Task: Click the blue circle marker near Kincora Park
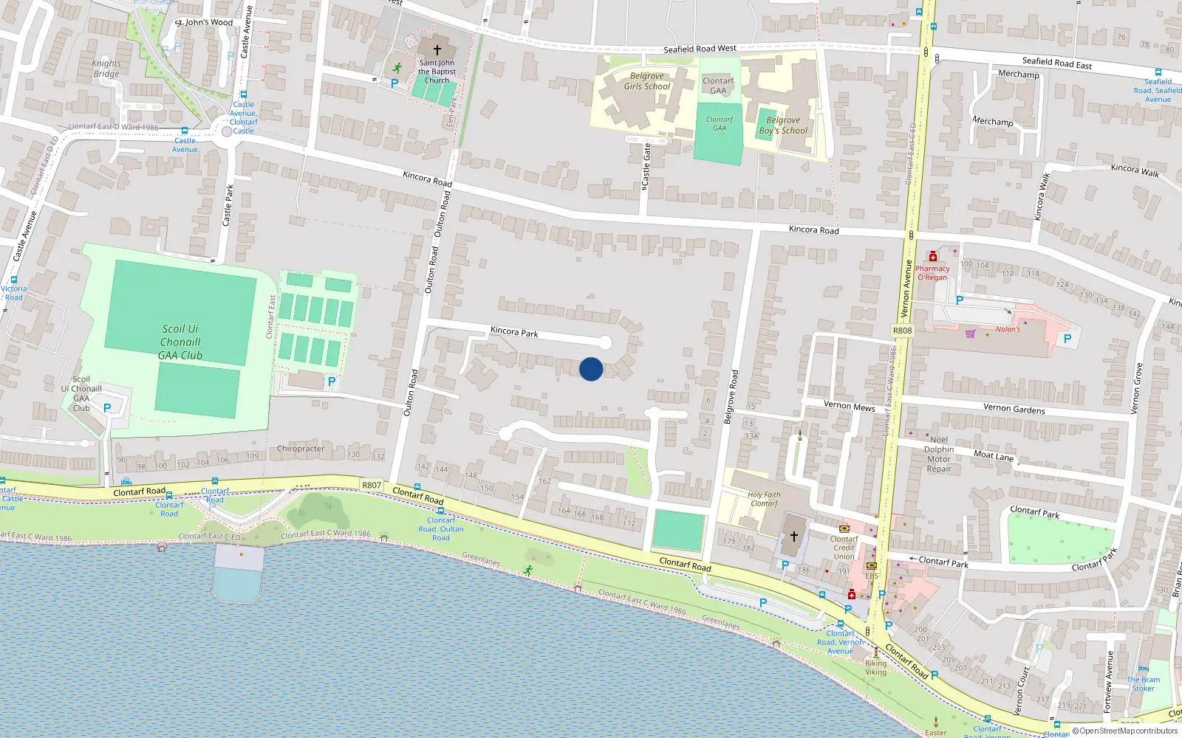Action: tap(591, 369)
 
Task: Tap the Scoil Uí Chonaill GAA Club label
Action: tap(180, 342)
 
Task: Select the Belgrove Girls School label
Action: tap(647, 81)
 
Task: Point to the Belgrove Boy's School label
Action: tap(783, 125)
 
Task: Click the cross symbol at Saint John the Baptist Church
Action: tap(437, 50)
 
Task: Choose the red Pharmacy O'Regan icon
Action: tap(932, 257)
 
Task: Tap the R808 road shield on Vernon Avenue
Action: tap(902, 331)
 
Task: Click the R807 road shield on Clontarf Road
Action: tap(372, 485)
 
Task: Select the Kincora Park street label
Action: tap(514, 332)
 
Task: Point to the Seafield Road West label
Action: tap(700, 49)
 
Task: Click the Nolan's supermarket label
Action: tap(1008, 329)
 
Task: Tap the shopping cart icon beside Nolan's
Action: tap(970, 334)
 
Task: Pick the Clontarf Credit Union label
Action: tap(844, 548)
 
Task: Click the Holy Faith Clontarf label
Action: tap(764, 499)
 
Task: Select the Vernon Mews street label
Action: tap(849, 406)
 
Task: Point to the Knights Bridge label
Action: tap(106, 69)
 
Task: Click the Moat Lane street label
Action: tap(993, 455)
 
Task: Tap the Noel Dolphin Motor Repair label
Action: tap(939, 454)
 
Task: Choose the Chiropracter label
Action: tap(300, 449)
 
